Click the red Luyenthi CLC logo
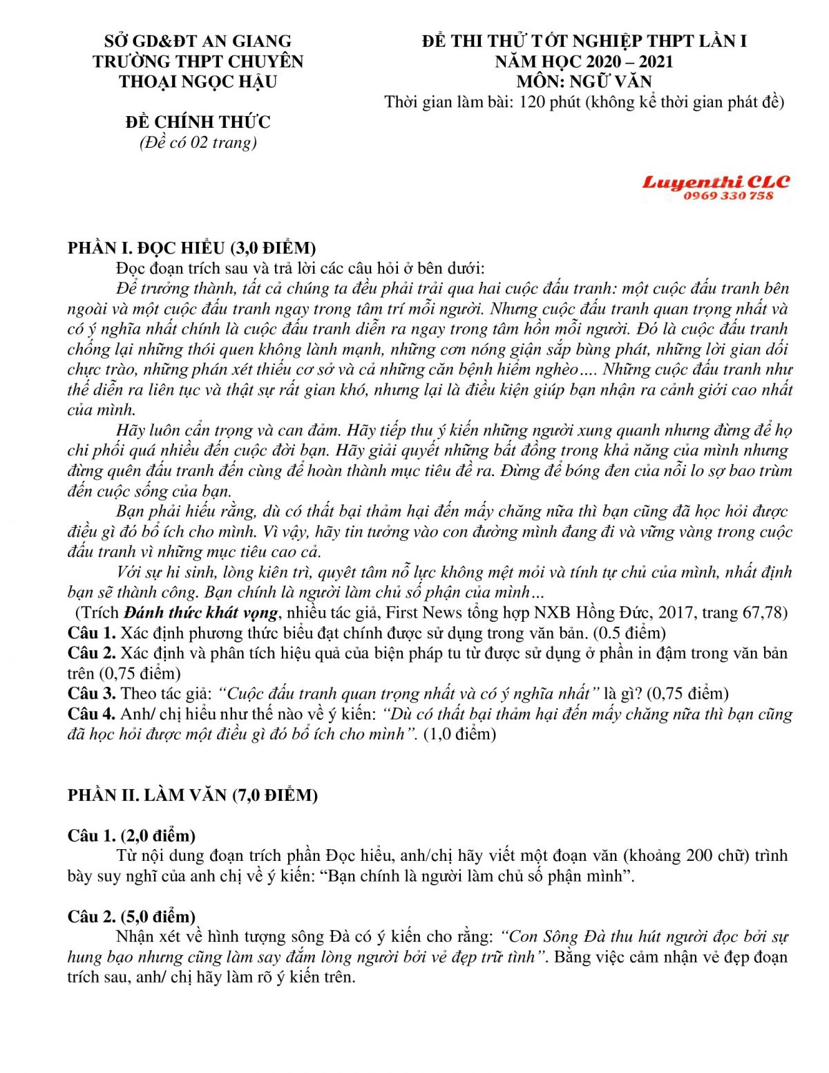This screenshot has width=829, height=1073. [x=716, y=182]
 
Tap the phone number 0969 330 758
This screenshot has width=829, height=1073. [x=728, y=196]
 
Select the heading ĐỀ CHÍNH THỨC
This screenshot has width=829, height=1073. [x=198, y=122]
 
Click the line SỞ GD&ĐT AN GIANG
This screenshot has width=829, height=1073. [x=198, y=41]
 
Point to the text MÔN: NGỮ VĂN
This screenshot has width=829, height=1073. [x=584, y=82]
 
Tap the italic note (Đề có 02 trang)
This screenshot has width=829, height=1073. [x=198, y=142]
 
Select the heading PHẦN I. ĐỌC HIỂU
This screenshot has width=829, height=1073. [x=191, y=248]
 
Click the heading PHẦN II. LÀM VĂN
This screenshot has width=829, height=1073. [x=193, y=795]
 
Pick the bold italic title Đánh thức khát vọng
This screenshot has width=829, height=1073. [x=202, y=613]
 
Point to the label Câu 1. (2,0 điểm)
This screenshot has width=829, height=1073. [x=131, y=836]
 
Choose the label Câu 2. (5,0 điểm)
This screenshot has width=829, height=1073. [x=131, y=917]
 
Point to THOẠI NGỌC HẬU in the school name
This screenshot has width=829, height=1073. [x=198, y=82]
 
